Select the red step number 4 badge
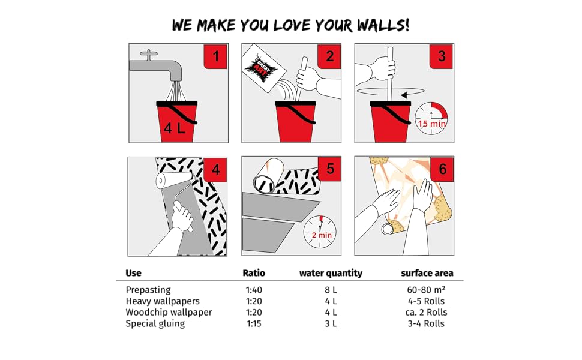click(216, 169)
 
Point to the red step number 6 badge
click(442, 169)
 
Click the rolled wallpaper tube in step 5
click(268, 178)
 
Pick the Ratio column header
click(254, 273)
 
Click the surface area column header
click(427, 273)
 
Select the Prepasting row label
click(148, 290)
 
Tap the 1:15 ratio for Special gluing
click(254, 323)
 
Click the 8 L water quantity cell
click(331, 290)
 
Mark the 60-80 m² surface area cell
click(427, 290)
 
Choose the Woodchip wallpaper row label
click(169, 312)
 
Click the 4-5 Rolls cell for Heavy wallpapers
click(427, 301)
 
